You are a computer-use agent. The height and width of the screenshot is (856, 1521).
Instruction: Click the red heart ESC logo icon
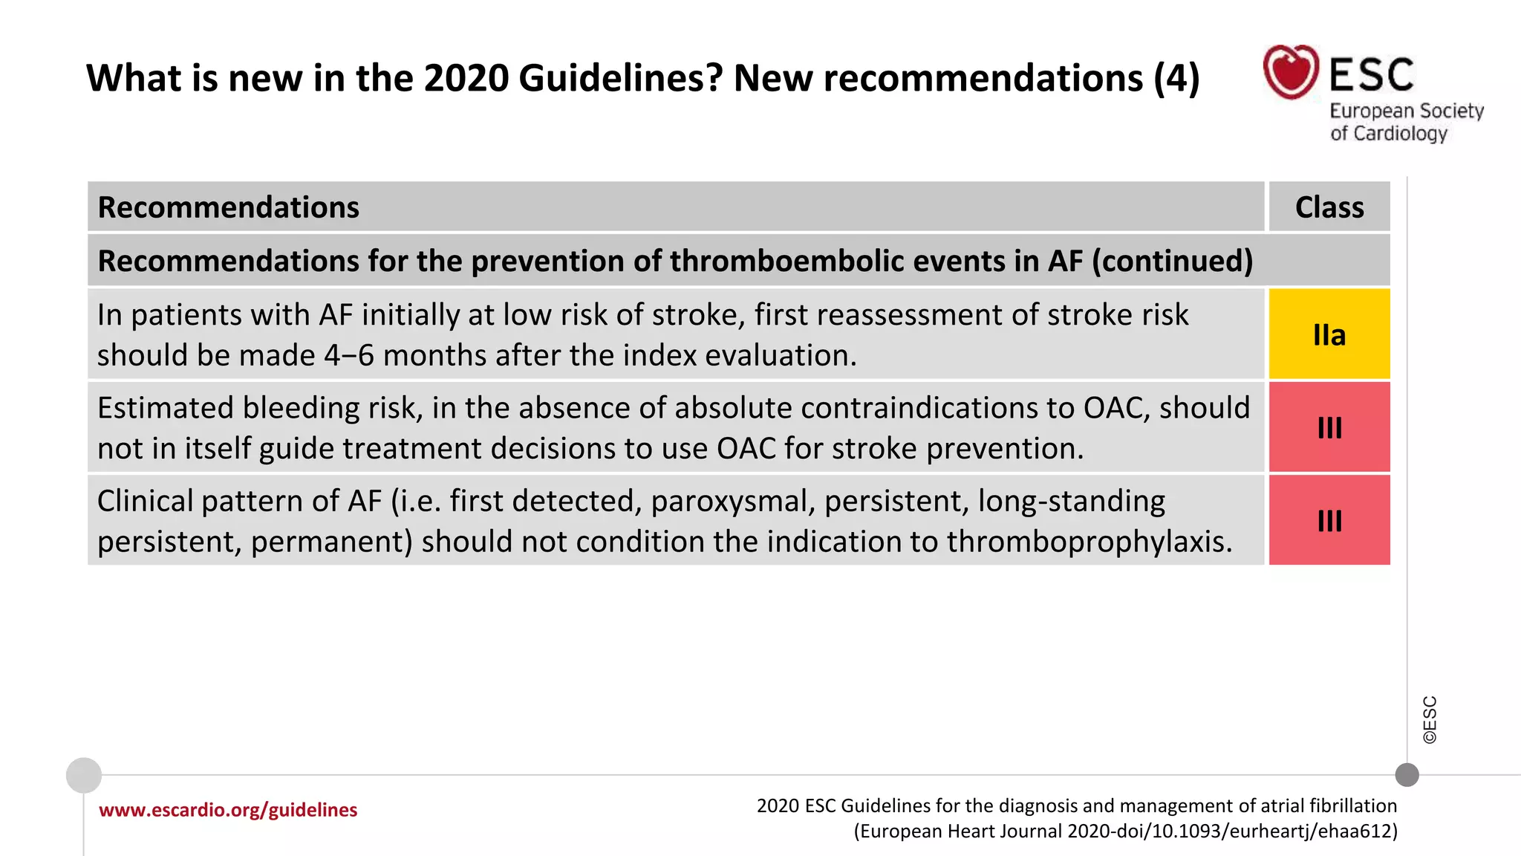tap(1291, 72)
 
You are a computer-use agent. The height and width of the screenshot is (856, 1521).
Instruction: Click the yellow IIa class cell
tap(1329, 334)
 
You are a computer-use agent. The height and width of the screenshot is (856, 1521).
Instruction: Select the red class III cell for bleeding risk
tap(1329, 427)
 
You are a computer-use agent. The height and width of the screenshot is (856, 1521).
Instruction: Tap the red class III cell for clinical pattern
tap(1329, 520)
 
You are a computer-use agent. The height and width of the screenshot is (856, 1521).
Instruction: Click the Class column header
tap(1329, 207)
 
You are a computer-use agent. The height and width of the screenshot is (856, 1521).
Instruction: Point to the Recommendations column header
tap(229, 207)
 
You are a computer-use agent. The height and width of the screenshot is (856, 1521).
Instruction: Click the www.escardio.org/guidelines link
tap(228, 810)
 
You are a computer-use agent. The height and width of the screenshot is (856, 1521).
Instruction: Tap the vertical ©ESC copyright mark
tap(1430, 719)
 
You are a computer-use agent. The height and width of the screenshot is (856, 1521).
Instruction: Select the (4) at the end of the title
tap(1176, 78)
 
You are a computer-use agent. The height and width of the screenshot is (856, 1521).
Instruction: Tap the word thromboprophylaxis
tap(1089, 542)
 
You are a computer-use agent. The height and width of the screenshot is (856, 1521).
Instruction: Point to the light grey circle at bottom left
tap(84, 775)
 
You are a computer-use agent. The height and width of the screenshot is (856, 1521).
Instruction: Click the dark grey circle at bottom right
tap(1407, 775)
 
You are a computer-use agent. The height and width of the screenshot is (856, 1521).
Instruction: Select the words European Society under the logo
tap(1406, 111)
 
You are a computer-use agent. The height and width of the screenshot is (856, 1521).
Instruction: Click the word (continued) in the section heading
tap(1172, 262)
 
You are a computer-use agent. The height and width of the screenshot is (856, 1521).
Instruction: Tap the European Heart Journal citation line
tap(1125, 831)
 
